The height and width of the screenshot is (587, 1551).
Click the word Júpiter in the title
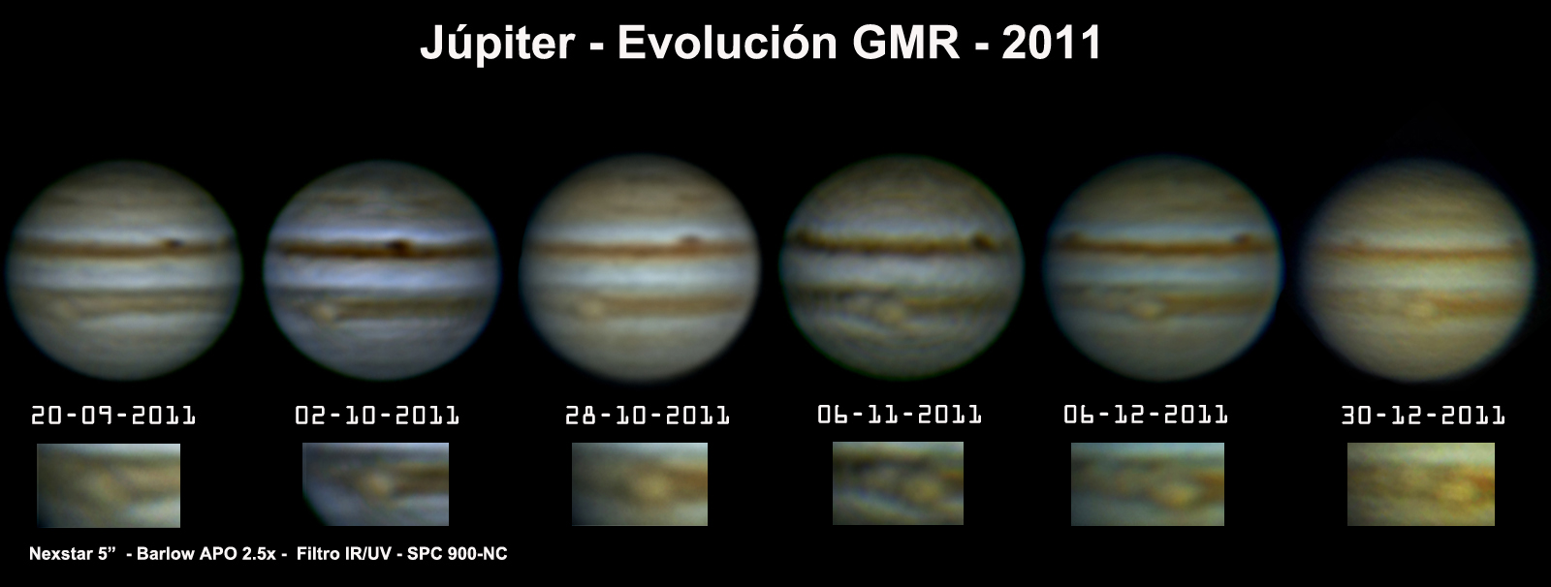coord(497,43)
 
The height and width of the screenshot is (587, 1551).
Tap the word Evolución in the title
coord(727,42)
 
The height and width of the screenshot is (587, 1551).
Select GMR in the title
coord(905,43)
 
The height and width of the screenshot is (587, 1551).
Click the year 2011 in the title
coord(1051,43)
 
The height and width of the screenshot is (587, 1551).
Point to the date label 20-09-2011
coord(113,416)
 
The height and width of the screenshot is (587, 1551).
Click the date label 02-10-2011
coord(377,416)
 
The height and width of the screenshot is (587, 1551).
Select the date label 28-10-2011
coord(648,416)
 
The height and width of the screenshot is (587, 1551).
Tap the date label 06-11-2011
coord(900,415)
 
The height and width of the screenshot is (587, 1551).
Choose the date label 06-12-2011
coord(1146,415)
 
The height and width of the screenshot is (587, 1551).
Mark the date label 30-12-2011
coord(1424,416)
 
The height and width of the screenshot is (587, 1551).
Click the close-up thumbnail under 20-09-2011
coord(109,485)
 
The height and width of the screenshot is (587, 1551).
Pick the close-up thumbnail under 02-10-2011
coord(375,484)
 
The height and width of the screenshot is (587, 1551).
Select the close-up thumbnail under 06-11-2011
coord(898,483)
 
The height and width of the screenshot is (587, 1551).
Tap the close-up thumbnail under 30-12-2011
coord(1421,484)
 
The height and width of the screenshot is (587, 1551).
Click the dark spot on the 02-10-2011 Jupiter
coord(398,246)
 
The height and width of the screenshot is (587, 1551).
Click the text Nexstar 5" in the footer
coord(72,554)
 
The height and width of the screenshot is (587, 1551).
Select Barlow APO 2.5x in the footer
coord(206,554)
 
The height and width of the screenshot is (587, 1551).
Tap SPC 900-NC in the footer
coord(457,554)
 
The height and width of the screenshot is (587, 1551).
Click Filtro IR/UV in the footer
coord(342,554)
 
